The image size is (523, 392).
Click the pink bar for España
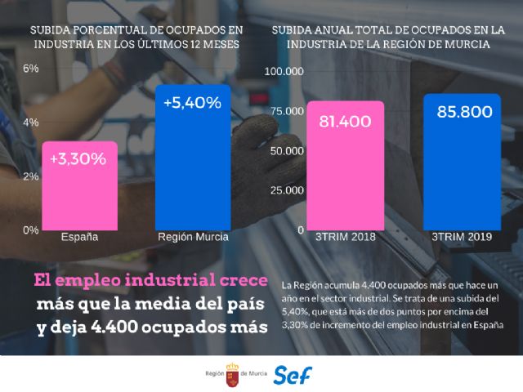coord(80,186)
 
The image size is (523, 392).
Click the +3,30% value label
coord(78,159)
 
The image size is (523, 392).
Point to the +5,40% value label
coord(192,104)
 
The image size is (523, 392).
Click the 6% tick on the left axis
coord(30,69)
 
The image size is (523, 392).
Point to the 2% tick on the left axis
coord(30,176)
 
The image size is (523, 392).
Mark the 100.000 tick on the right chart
coord(286,72)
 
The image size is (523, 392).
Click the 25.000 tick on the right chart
coord(288,190)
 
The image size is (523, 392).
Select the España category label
coord(80,238)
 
